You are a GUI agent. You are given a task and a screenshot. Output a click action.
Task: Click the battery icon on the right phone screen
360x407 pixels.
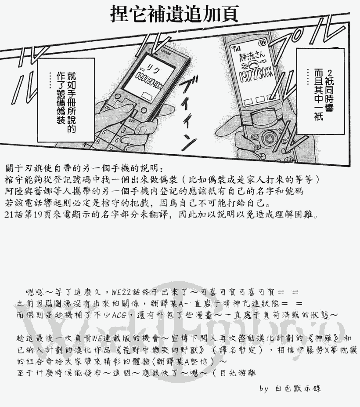(263, 43)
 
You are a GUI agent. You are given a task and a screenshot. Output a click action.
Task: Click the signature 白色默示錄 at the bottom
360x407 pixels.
(298, 389)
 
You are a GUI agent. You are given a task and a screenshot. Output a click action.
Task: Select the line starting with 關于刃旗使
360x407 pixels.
(83, 169)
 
